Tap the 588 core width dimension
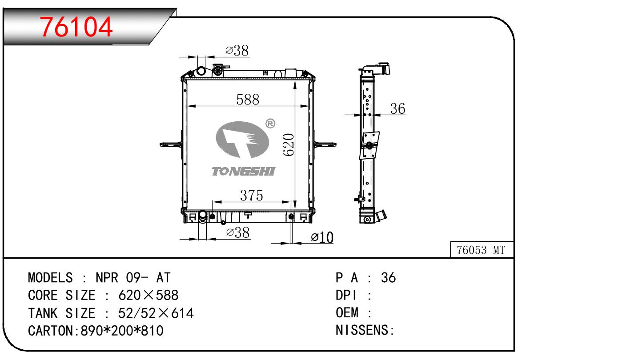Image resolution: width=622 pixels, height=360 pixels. point(248,99)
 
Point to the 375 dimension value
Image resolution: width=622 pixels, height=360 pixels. point(251,195)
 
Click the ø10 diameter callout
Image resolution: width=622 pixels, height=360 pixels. point(322,238)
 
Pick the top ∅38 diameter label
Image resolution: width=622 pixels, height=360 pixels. point(237,51)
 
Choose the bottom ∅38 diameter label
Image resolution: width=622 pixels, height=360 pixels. point(237,232)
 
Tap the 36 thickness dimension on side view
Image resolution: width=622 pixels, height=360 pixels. point(398,108)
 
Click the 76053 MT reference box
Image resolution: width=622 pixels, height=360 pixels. point(481,250)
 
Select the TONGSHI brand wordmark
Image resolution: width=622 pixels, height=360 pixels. point(243,171)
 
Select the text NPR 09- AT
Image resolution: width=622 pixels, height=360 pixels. point(133,278)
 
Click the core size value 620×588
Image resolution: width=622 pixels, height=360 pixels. point(148,296)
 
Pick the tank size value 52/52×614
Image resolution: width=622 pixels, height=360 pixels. point(156,313)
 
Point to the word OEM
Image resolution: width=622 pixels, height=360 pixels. point(347,313)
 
